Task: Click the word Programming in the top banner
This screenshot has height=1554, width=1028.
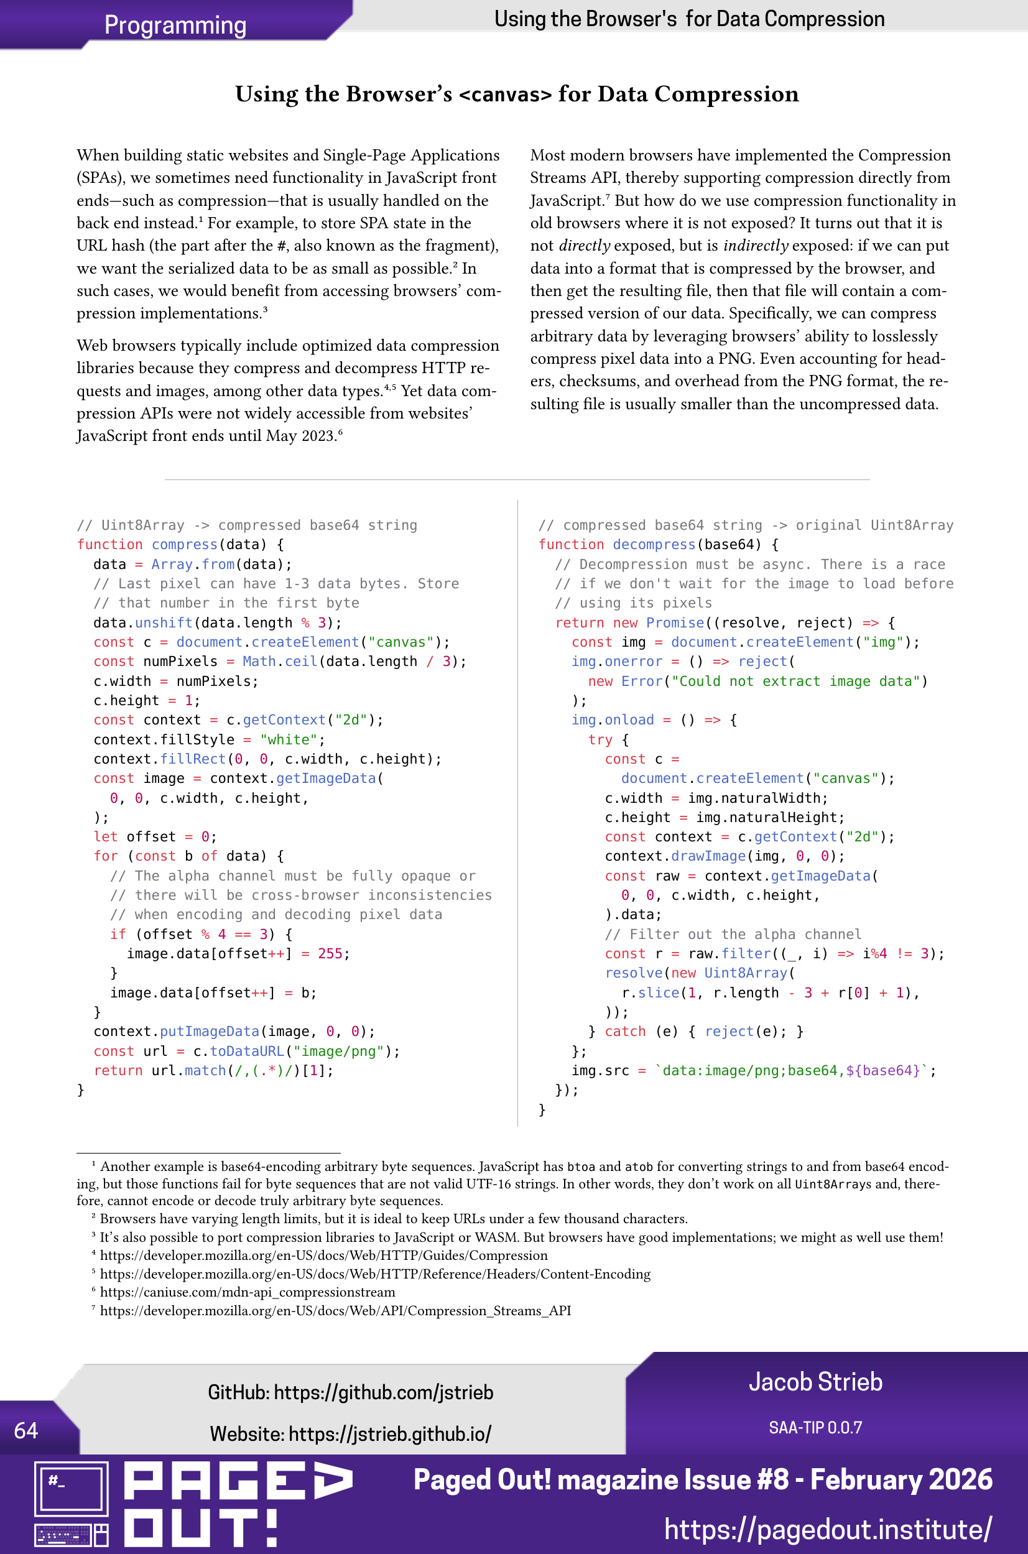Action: click(x=175, y=25)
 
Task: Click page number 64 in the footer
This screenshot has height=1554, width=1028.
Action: click(x=25, y=1430)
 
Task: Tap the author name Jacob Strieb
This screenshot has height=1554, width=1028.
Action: click(x=815, y=1382)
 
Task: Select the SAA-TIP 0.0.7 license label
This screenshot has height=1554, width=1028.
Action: click(x=815, y=1428)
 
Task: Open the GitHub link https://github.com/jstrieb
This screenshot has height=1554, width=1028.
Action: click(x=383, y=1392)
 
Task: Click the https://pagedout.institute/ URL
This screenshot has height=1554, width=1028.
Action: click(x=827, y=1529)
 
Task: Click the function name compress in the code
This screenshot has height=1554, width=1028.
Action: click(x=184, y=545)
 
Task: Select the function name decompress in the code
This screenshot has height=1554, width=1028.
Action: click(x=654, y=545)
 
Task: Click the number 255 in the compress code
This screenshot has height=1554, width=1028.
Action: click(x=330, y=954)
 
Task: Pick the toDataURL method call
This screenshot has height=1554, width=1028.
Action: click(x=246, y=1052)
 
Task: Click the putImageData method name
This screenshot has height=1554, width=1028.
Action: click(x=209, y=1032)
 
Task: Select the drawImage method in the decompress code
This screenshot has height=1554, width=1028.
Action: click(x=708, y=856)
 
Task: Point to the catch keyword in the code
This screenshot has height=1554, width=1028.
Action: click(x=625, y=1032)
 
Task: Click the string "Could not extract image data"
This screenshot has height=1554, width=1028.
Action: click(x=796, y=681)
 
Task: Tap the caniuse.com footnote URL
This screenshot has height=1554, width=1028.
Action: click(x=247, y=1292)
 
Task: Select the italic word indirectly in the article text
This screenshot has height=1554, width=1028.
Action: click(x=755, y=245)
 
